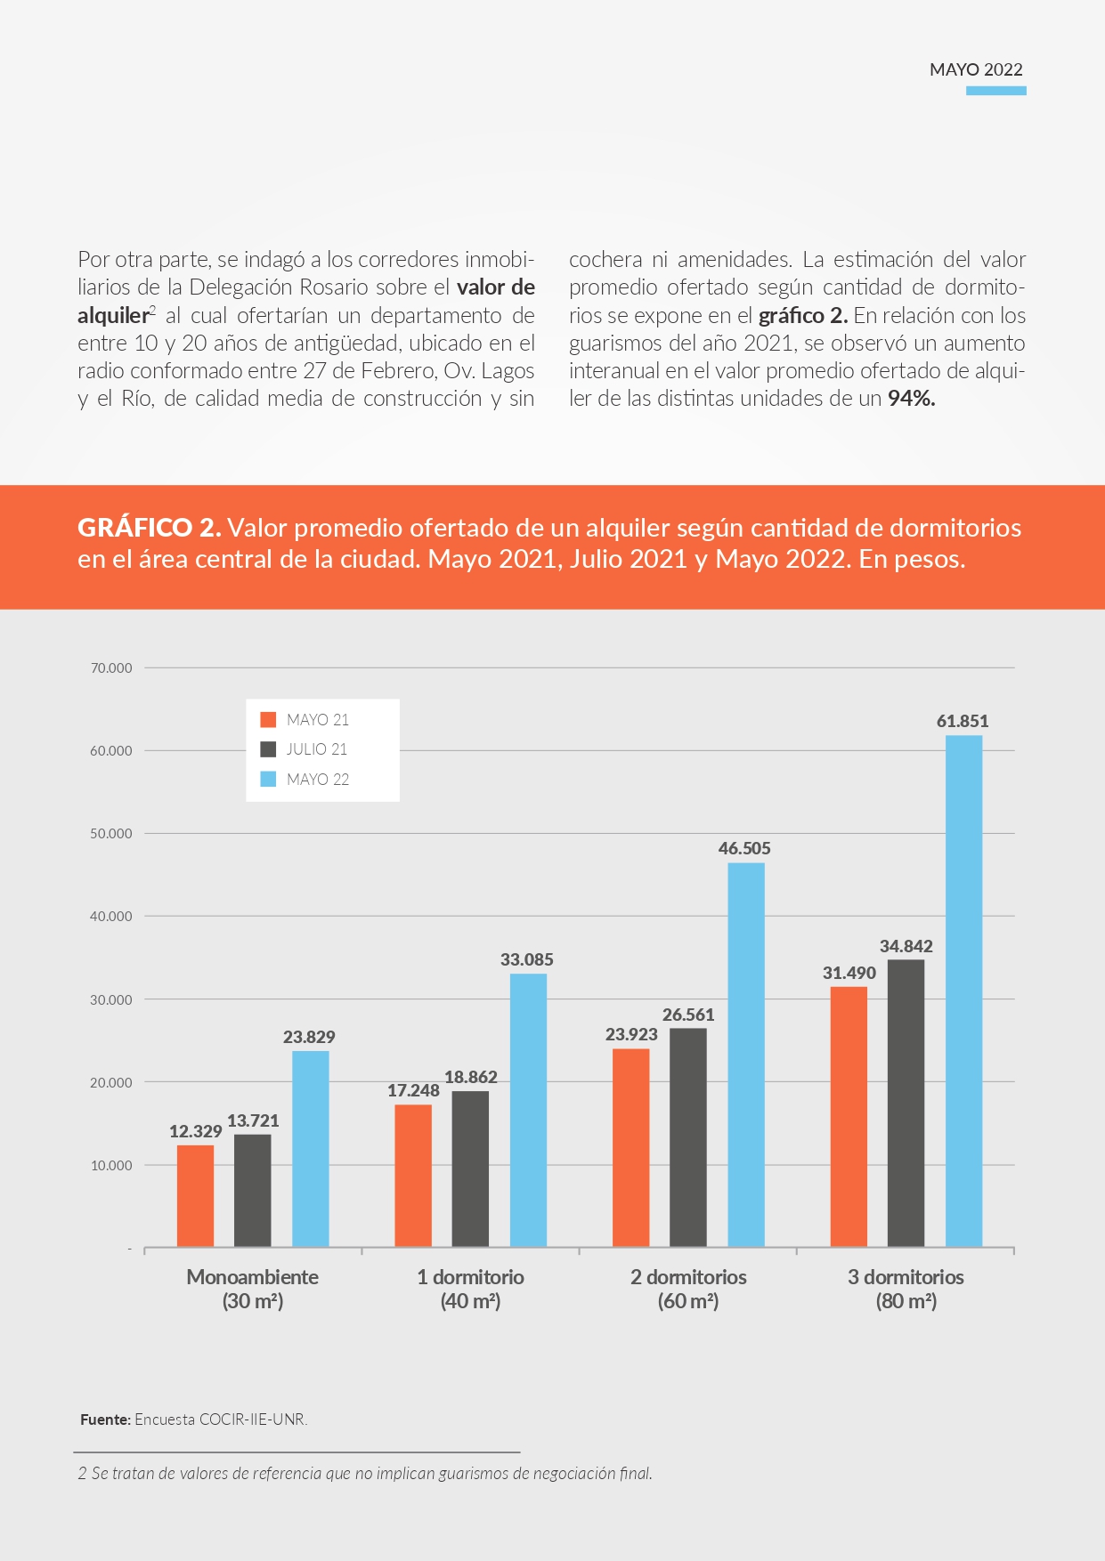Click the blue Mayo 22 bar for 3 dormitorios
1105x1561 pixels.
[x=963, y=991]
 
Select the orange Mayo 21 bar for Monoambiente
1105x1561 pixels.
[x=195, y=1195]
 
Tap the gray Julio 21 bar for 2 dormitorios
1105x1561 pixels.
[x=688, y=1137]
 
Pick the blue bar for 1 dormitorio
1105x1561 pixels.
[x=528, y=1110]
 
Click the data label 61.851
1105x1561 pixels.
[x=963, y=721]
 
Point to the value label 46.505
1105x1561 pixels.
[x=744, y=848]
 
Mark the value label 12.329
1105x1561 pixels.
[x=195, y=1131]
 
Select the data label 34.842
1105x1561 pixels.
[x=906, y=946]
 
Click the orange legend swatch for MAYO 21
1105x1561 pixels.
[x=268, y=719]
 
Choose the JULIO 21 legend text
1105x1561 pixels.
[x=317, y=749]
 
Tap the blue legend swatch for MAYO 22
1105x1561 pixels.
[x=268, y=779]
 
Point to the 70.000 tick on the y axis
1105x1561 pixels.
[x=111, y=667]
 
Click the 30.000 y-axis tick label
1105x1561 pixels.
[x=111, y=999]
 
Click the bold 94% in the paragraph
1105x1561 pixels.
[x=912, y=399]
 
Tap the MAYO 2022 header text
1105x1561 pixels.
[x=976, y=69]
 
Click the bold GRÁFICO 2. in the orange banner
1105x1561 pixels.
[x=150, y=528]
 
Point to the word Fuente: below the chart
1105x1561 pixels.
[x=106, y=1419]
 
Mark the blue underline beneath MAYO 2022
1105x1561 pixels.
[x=996, y=91]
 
